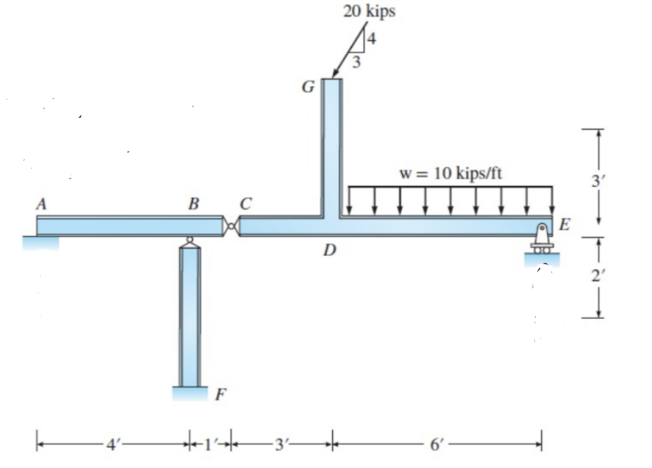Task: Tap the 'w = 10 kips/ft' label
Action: (450, 172)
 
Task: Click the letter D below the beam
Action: (330, 250)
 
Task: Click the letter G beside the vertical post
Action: (308, 87)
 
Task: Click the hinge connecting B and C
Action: (233, 226)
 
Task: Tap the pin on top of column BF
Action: (189, 241)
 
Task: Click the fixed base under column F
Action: (189, 393)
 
